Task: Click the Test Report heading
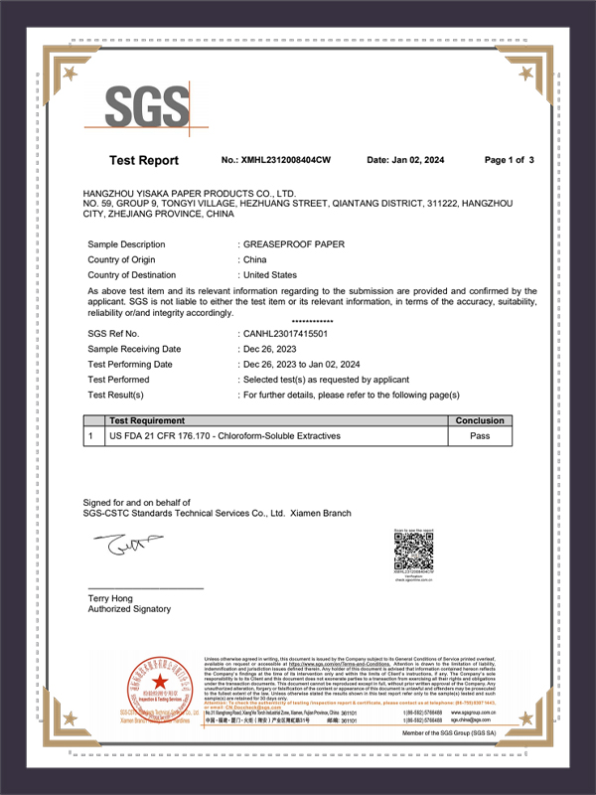144,160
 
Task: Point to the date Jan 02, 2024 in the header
419,160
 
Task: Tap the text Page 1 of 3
510,160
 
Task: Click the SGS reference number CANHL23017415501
286,334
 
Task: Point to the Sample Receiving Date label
134,349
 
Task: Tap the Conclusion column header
481,420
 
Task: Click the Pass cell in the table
481,435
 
